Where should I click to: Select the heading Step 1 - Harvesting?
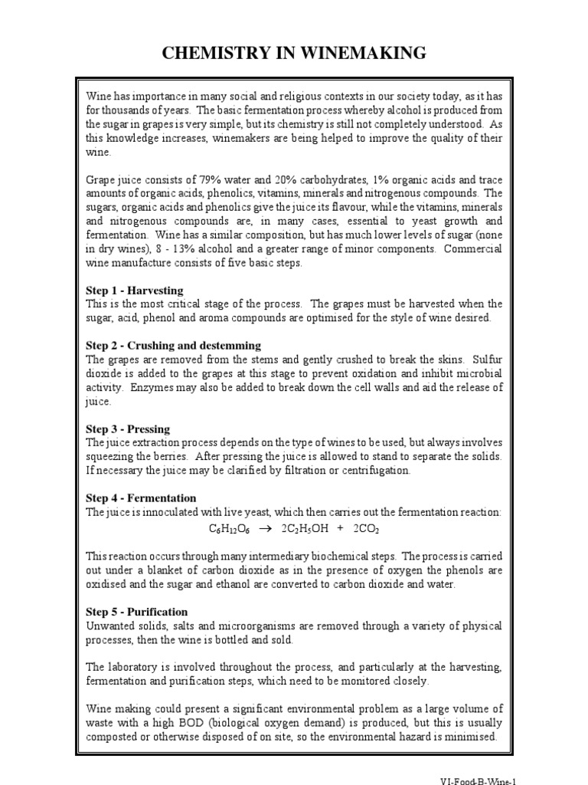[x=135, y=291]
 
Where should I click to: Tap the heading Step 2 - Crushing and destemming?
[x=173, y=346]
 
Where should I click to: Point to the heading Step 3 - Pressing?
[x=128, y=429]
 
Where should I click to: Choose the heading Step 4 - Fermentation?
[x=141, y=498]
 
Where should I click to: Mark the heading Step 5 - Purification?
[x=136, y=612]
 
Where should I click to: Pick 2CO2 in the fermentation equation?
[x=366, y=529]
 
